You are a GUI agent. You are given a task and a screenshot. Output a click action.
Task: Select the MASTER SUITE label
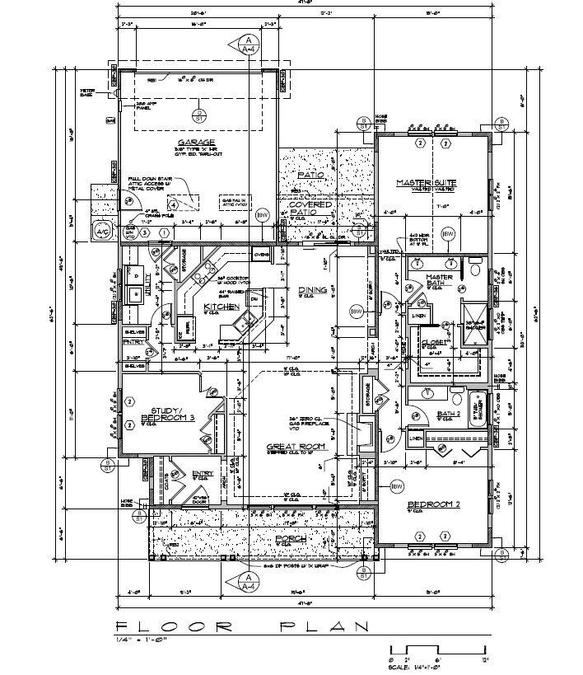point(426,183)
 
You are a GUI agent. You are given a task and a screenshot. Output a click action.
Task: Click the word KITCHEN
point(221,307)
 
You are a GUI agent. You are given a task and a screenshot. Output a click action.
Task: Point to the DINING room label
point(312,289)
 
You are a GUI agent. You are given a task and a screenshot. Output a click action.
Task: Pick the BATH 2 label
point(448,413)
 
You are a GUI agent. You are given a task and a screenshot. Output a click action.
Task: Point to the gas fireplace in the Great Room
point(361,429)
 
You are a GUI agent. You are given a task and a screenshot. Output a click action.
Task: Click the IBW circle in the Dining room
point(356,312)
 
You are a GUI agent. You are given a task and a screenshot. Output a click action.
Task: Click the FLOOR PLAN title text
point(243,626)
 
